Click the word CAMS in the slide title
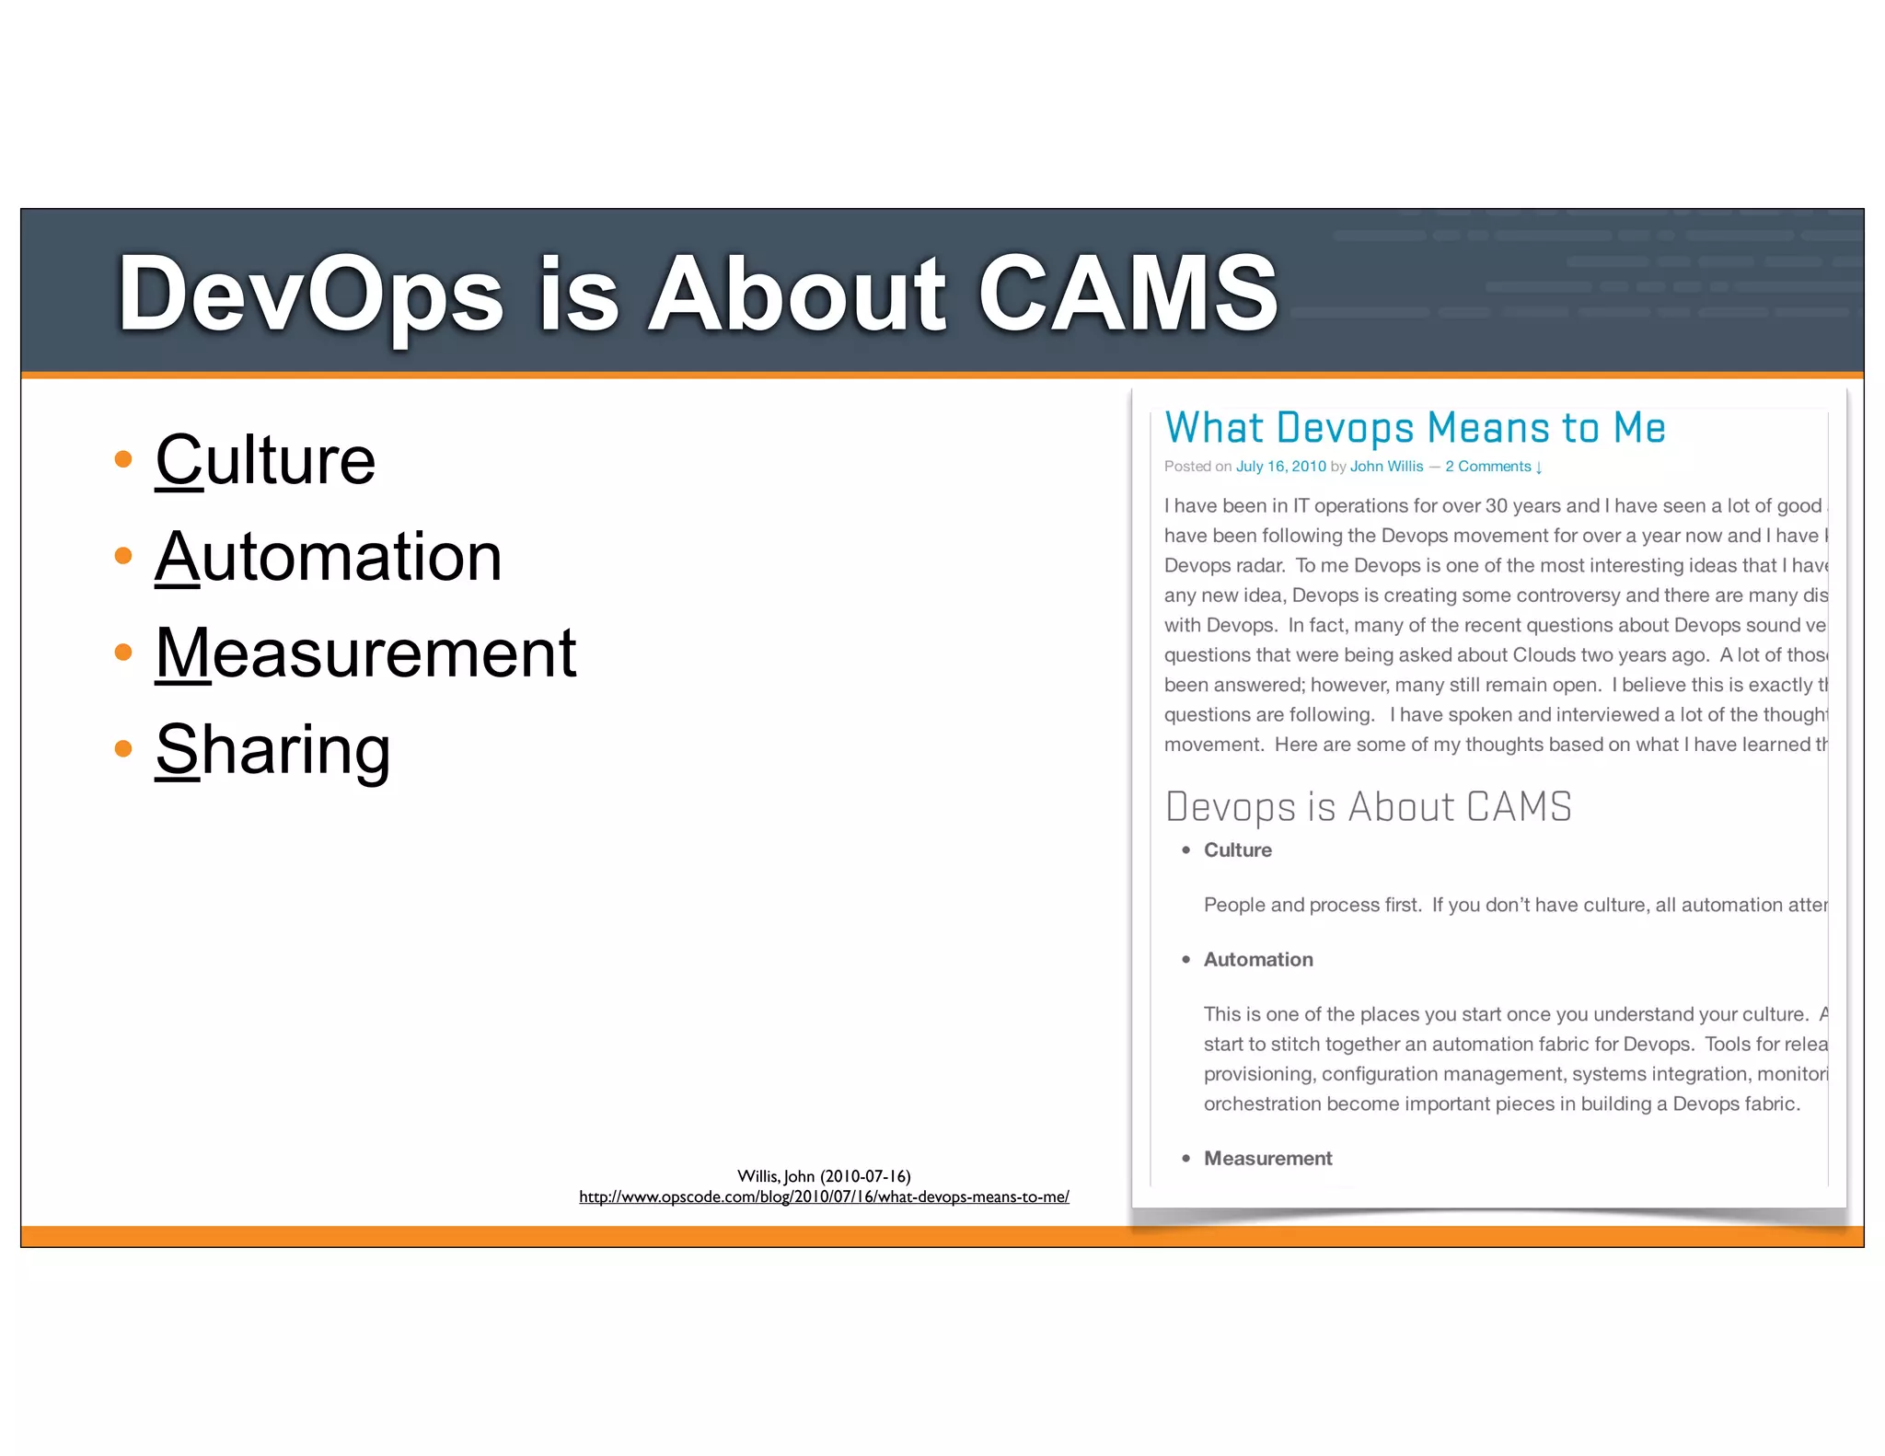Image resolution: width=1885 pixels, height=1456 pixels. coord(1127,293)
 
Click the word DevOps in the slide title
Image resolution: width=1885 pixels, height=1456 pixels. coord(310,295)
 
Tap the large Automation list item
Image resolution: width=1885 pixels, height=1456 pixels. coord(328,557)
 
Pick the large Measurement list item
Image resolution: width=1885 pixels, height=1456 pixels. coord(365,653)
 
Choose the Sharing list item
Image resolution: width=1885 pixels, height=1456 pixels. coord(272,750)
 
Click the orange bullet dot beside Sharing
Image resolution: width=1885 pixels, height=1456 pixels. coord(123,748)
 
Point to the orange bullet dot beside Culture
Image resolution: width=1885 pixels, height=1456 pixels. coord(123,458)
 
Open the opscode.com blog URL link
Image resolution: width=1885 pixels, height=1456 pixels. coord(824,1196)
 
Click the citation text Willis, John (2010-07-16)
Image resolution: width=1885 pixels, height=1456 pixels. coord(824,1176)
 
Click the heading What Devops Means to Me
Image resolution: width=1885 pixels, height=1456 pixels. coord(1415,428)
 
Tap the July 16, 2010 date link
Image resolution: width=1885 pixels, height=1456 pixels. coord(1280,467)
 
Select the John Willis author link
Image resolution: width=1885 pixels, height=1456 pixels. coord(1386,467)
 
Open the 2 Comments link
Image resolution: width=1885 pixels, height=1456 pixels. coord(1492,467)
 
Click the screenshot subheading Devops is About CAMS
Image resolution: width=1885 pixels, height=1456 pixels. coord(1368,807)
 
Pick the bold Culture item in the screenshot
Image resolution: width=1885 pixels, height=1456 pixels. coord(1237,850)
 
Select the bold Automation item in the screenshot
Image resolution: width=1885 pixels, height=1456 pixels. coord(1258,960)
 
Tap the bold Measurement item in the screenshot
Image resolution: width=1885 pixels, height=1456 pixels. coord(1267,1159)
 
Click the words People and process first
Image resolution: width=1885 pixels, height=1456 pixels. coord(1312,906)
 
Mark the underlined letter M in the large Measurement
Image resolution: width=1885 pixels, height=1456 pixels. coord(182,653)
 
